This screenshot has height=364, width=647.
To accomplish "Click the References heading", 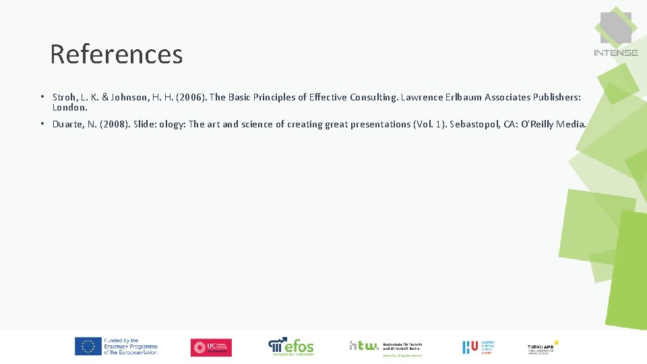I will (x=116, y=54).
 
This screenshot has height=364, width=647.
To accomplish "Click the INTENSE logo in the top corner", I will (x=615, y=34).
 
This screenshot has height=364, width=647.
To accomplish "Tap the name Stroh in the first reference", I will (x=65, y=97).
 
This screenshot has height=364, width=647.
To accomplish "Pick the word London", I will (x=69, y=107).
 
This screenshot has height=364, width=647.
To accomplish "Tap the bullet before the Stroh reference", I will (x=42, y=97).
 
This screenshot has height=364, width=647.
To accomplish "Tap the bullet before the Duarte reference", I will (x=42, y=124).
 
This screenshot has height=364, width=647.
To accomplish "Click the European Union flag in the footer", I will (x=88, y=346).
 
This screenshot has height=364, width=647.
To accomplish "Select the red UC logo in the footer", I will (x=211, y=347).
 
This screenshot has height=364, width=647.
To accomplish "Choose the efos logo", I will (x=291, y=346).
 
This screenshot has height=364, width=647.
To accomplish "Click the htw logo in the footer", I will (x=385, y=346).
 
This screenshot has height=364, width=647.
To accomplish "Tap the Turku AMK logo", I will (x=543, y=347).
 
